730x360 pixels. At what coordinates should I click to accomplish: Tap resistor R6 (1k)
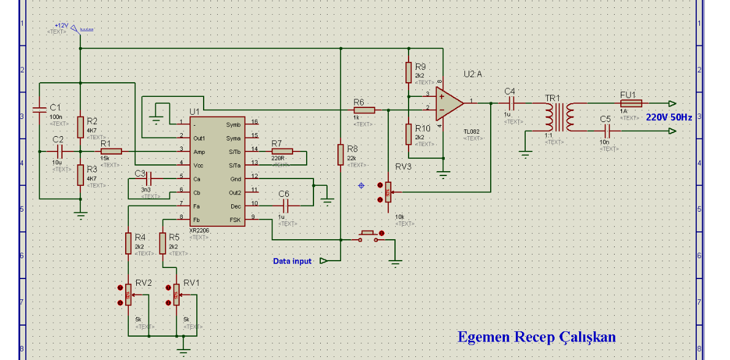[x=364, y=110]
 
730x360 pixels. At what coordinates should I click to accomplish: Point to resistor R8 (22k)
[x=340, y=155]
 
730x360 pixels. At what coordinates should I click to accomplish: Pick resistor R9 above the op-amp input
[x=408, y=72]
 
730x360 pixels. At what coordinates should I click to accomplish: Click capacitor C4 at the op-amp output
[x=510, y=103]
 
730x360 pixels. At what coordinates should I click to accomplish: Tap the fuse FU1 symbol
[x=631, y=103]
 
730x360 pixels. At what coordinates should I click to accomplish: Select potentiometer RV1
[x=177, y=296]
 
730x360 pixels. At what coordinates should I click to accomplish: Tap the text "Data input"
[x=292, y=261]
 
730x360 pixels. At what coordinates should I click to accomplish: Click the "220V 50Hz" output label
[x=669, y=117]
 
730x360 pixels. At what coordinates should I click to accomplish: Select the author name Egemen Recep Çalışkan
[x=536, y=337]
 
